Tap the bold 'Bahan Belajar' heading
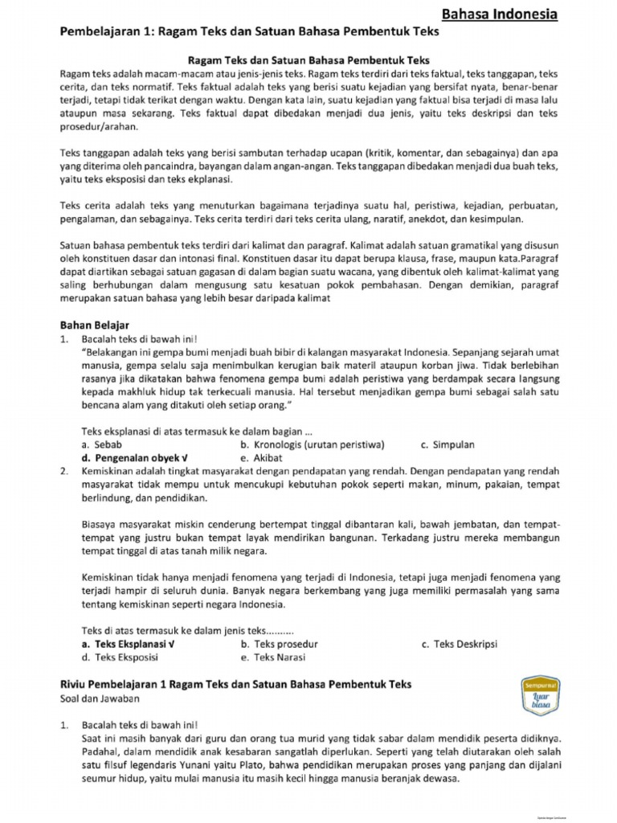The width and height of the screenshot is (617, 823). click(95, 326)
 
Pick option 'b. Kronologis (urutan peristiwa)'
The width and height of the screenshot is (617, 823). click(313, 444)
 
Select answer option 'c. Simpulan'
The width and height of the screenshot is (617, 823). click(447, 444)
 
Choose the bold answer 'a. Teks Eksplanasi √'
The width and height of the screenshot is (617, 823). click(129, 644)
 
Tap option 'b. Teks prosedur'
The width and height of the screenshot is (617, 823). click(280, 644)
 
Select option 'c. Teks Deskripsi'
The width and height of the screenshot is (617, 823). click(460, 644)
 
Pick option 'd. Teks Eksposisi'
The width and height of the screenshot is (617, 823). click(120, 657)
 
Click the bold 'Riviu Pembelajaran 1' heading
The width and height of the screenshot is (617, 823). click(235, 684)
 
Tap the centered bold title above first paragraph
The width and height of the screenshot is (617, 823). click(308, 60)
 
